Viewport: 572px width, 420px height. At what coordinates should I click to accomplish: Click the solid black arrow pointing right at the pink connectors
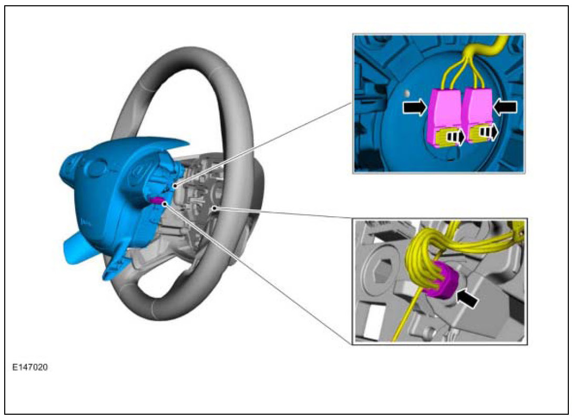tap(415, 107)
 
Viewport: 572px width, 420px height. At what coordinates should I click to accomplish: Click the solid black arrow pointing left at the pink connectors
tap(505, 107)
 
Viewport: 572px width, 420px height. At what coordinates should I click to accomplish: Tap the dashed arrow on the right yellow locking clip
tap(490, 133)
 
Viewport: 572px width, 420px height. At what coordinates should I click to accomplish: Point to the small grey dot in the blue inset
tap(406, 93)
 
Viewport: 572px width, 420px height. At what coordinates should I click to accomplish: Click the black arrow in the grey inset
tap(468, 299)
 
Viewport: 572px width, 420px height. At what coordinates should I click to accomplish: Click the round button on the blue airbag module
tap(97, 169)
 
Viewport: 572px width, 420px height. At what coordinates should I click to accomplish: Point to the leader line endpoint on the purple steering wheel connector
tap(165, 203)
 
